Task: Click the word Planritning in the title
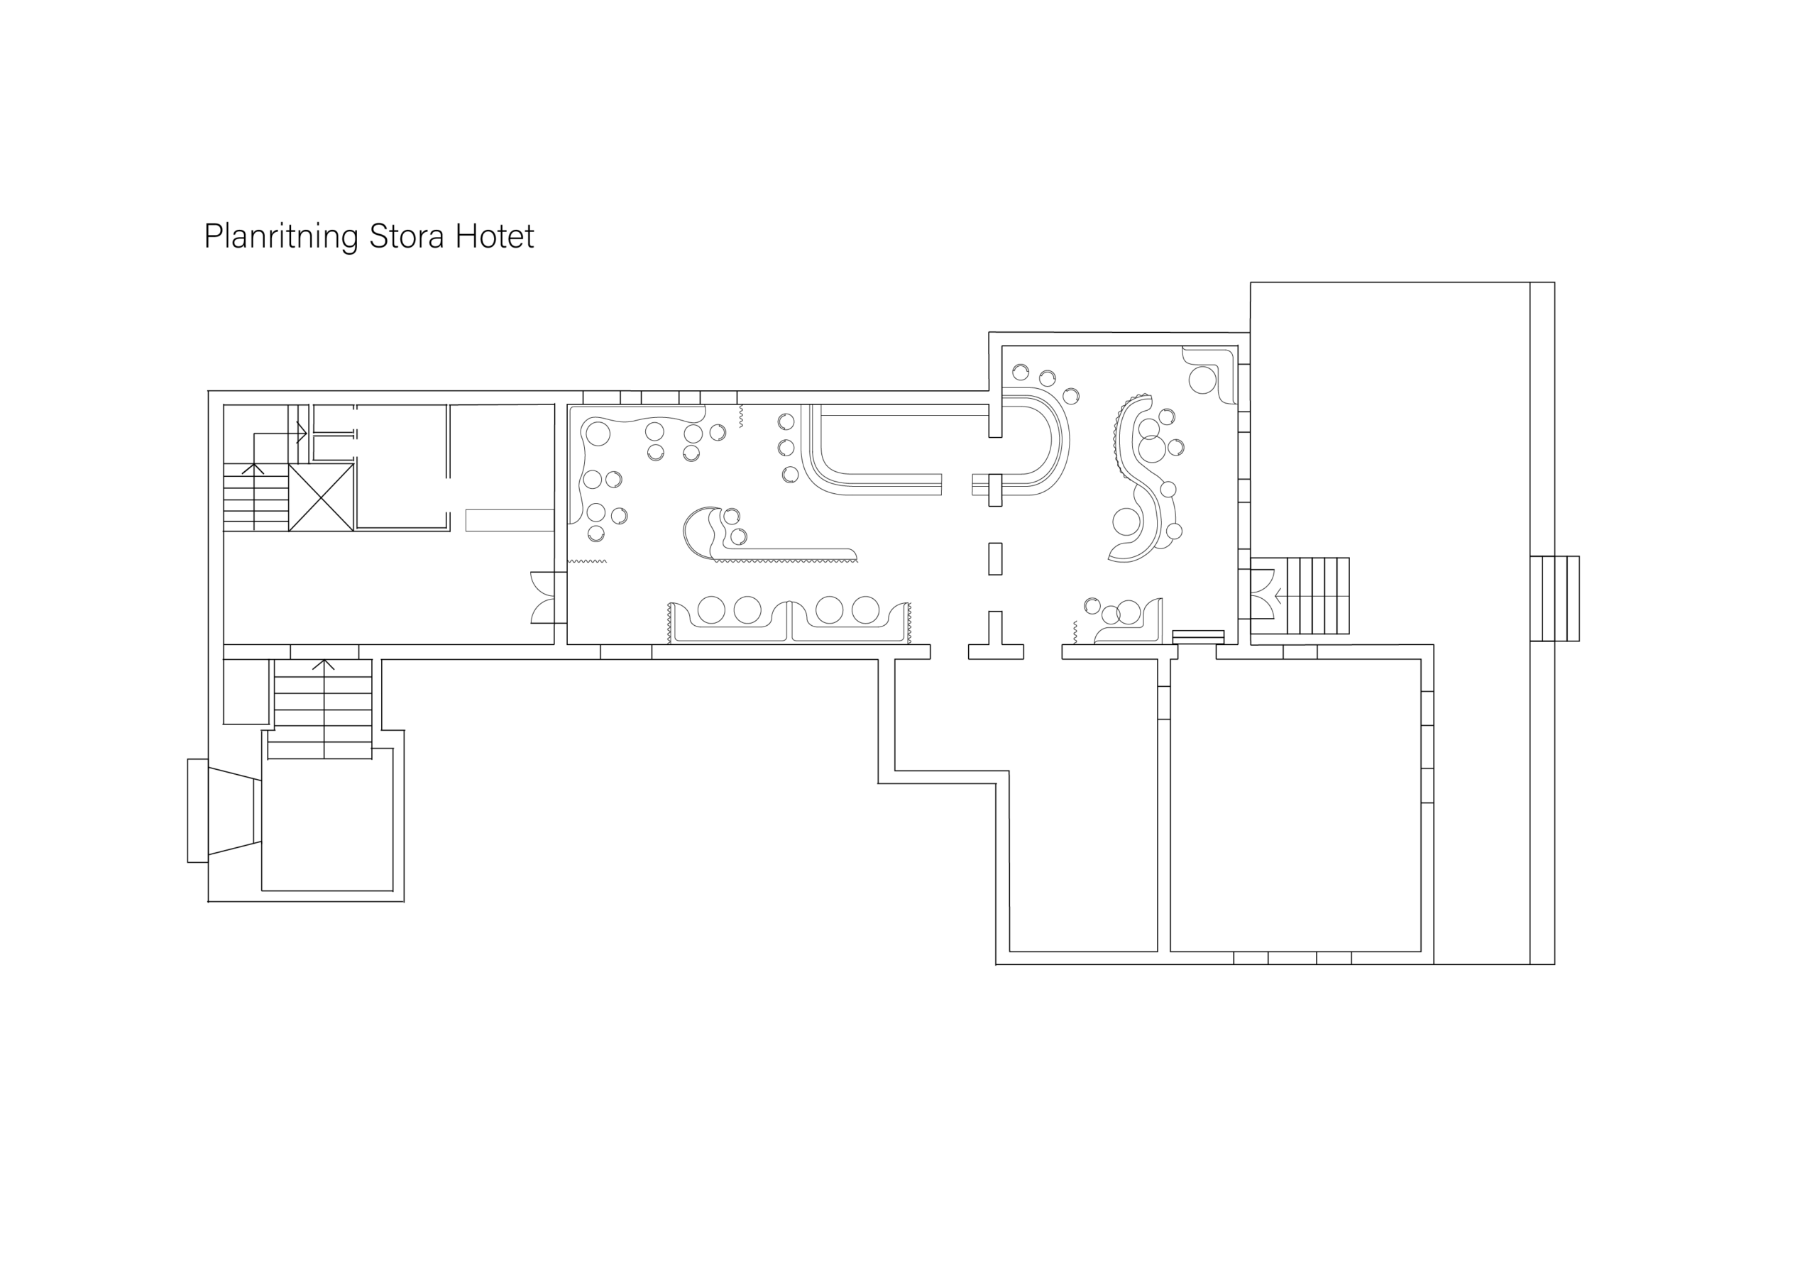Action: click(x=281, y=236)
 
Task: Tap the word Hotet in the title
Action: click(x=495, y=236)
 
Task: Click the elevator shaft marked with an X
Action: click(x=321, y=497)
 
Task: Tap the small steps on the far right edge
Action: click(x=1554, y=598)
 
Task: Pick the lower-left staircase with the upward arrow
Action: click(x=323, y=709)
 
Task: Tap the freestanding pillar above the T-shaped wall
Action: click(x=996, y=558)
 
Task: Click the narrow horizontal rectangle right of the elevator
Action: click(x=510, y=521)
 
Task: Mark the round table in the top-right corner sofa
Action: click(x=1202, y=380)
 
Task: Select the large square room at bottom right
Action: click(x=1295, y=805)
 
